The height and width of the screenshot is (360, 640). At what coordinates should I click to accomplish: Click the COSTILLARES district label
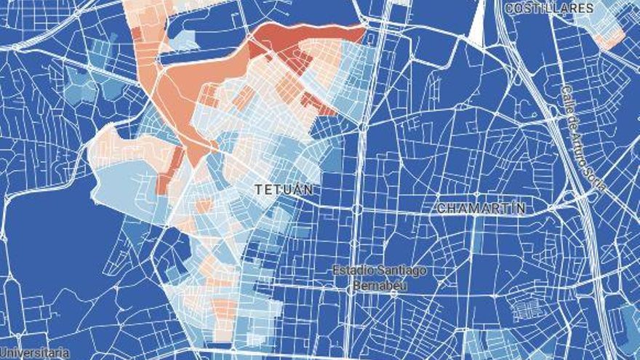549,8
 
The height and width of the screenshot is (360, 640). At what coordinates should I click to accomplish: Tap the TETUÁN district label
284,189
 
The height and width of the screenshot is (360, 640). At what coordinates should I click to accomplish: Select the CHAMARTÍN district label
481,208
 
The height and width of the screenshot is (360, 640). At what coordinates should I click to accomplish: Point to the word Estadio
354,271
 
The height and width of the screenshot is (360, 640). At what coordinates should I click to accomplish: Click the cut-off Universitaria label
34,353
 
